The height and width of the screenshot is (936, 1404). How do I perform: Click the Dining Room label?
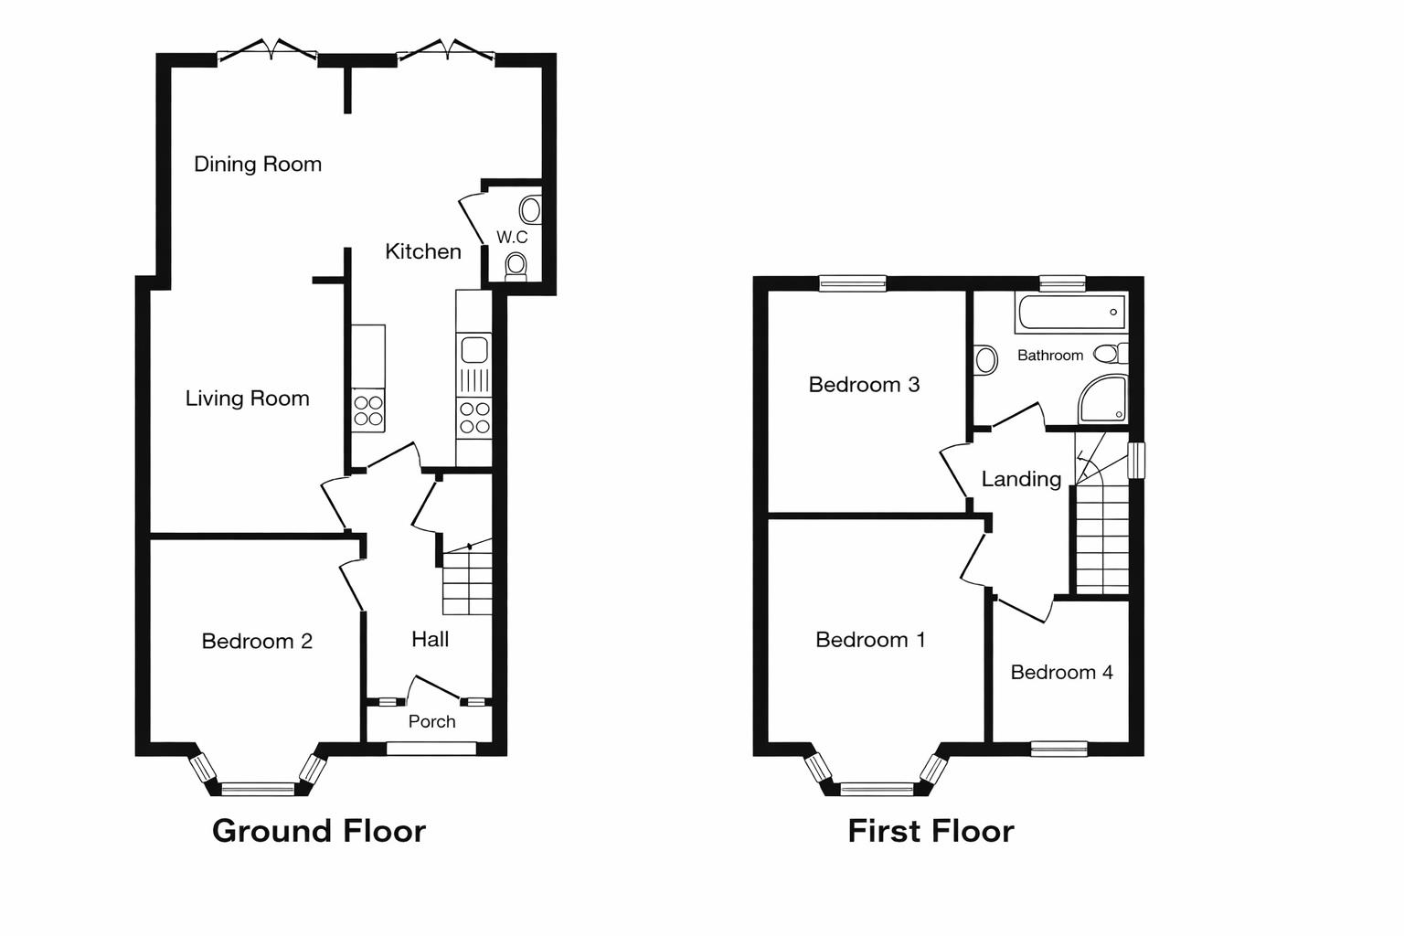[x=258, y=165]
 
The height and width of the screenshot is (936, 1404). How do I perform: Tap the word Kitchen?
[x=422, y=251]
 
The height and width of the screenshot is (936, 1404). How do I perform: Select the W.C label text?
[x=512, y=238]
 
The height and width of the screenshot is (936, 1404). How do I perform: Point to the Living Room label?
[x=247, y=399]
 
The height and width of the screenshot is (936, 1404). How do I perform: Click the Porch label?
[x=431, y=722]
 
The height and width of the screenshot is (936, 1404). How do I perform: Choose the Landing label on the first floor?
[x=1021, y=479]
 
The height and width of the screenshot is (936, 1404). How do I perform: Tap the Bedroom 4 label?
[x=1061, y=673]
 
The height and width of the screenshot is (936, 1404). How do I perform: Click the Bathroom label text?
[x=1049, y=356]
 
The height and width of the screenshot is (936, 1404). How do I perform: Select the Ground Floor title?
[x=319, y=831]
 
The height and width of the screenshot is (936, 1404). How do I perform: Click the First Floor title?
[x=931, y=831]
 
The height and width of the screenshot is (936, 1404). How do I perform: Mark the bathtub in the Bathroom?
[x=1070, y=314]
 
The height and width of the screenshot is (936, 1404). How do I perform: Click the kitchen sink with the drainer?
[x=474, y=364]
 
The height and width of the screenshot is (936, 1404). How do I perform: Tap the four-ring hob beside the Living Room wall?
[x=369, y=409]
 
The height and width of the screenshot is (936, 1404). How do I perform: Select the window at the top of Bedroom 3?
[x=853, y=283]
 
